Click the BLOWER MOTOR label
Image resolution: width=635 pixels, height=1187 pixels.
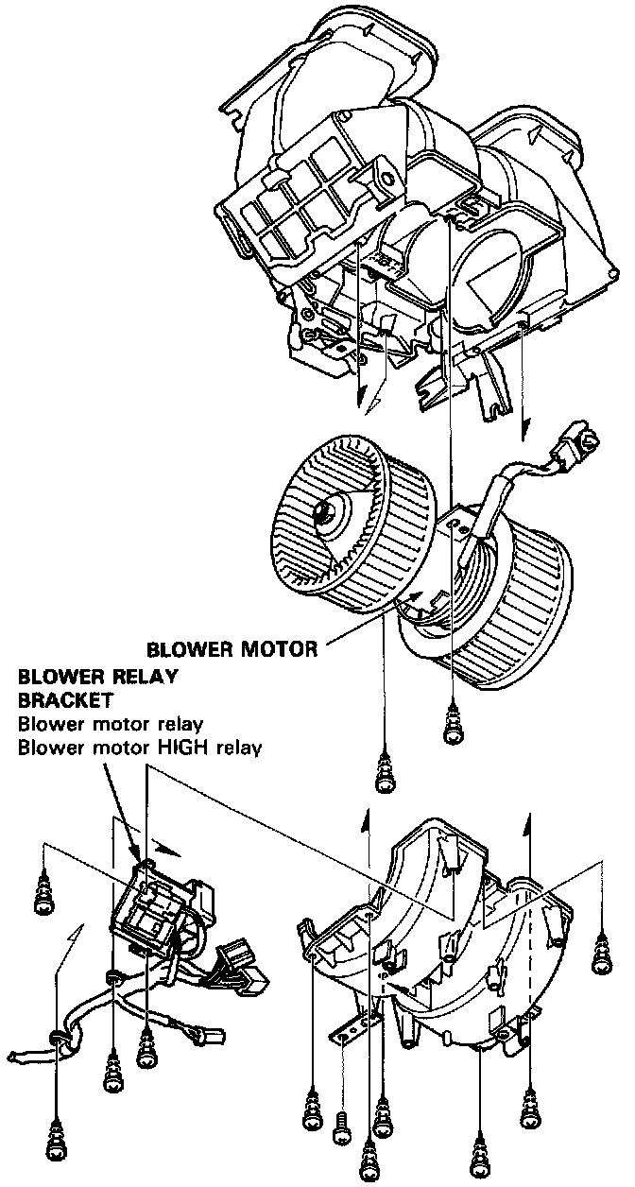tap(231, 649)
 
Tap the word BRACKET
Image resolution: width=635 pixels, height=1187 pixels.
tap(65, 700)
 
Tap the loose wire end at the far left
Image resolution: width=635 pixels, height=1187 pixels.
tap(24, 1052)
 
